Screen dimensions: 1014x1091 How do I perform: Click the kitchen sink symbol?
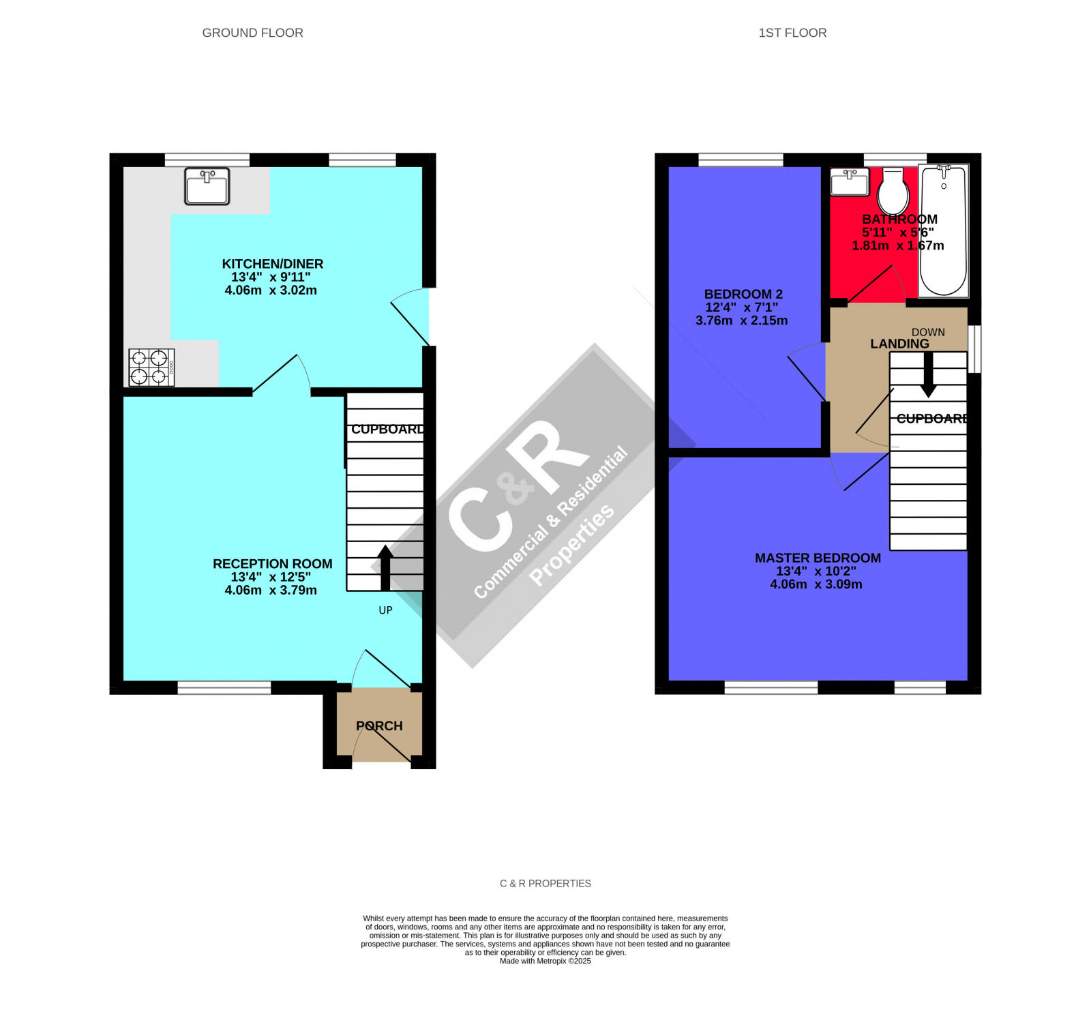click(207, 186)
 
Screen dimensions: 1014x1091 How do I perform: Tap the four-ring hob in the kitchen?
click(151, 368)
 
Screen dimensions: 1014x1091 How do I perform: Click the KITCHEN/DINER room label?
click(272, 264)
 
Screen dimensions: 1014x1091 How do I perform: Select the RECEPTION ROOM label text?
click(272, 564)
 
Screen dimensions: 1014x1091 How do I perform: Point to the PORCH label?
click(379, 726)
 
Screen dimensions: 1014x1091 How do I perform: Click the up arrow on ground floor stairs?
click(385, 566)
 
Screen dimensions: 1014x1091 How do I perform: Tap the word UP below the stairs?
click(385, 610)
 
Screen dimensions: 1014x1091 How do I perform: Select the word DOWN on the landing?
click(928, 332)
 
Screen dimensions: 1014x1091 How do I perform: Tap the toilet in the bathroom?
click(893, 192)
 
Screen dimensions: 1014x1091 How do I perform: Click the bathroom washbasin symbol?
click(849, 182)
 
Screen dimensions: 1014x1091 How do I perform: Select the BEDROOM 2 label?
click(743, 294)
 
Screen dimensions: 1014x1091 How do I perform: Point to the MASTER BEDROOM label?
click(818, 558)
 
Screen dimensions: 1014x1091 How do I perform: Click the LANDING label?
click(899, 344)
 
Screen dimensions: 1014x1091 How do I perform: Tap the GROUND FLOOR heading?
click(252, 33)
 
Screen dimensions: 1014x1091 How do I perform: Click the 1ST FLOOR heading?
click(792, 33)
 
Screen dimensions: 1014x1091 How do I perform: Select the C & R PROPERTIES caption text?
click(545, 883)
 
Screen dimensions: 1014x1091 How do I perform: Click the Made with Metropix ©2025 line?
click(545, 961)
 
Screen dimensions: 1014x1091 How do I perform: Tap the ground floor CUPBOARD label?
click(387, 429)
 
